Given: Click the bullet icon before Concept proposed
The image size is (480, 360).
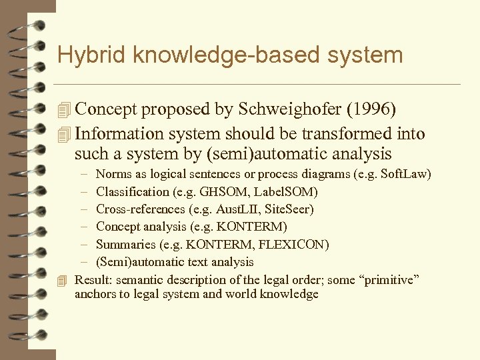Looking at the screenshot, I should pos(64,110).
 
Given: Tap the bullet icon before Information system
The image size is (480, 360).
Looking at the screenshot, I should pos(64,134).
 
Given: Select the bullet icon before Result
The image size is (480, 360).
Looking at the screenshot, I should pos(63,280).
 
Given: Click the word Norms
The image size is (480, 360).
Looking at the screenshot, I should pos(113,175).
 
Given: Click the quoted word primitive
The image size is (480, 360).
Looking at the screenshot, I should pos(388,279).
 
